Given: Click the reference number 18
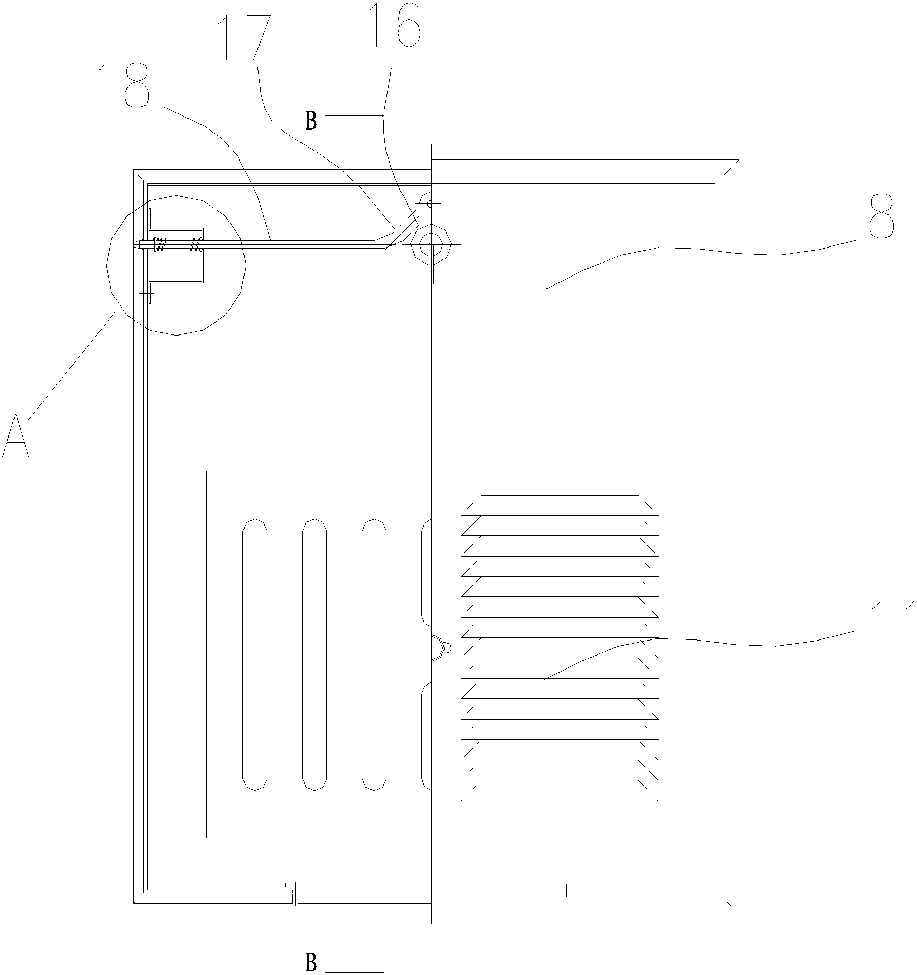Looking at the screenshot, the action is [x=126, y=85].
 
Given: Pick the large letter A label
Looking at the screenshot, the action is [x=16, y=435].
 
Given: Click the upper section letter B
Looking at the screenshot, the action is [x=311, y=122].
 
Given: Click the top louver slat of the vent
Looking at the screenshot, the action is [x=560, y=505].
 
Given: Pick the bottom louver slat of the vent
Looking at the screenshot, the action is [x=560, y=791].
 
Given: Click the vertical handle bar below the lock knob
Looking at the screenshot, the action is [x=431, y=267].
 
